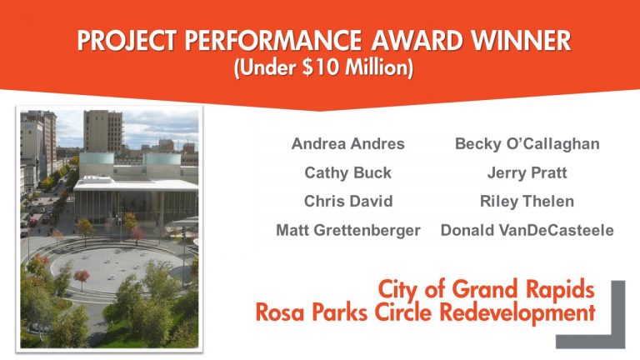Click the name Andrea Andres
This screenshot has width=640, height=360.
[x=347, y=143]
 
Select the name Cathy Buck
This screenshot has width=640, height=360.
[x=347, y=172]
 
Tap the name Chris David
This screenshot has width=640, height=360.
[x=348, y=201]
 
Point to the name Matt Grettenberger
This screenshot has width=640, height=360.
[x=348, y=230]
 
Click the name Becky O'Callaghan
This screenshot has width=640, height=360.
[x=527, y=143]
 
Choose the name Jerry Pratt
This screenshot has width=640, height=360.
[x=527, y=172]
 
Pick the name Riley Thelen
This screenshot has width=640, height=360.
[x=527, y=201]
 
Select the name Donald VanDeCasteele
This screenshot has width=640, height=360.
[x=527, y=230]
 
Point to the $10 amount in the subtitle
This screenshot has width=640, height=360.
[x=320, y=67]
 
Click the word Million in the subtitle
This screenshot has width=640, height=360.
[x=376, y=67]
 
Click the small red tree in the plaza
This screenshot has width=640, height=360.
[x=82, y=277]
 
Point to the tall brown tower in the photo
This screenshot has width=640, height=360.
[x=103, y=131]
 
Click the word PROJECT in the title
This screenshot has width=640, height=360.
[x=127, y=40]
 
